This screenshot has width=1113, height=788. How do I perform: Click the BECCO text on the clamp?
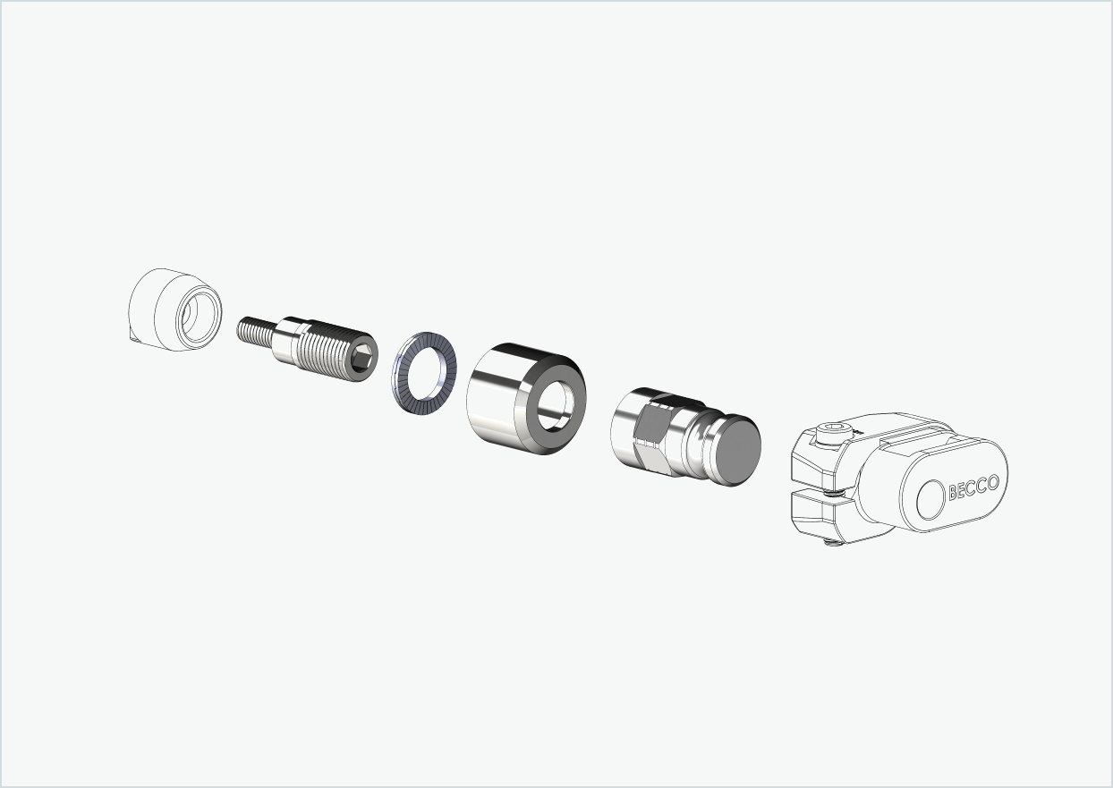coord(973,487)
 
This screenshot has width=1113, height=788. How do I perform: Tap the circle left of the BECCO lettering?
coord(931,497)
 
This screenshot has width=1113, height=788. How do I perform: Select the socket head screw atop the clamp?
coord(829,435)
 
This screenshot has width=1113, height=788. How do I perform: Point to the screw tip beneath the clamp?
coord(833,540)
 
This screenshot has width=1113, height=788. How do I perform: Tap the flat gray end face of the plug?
coord(737,453)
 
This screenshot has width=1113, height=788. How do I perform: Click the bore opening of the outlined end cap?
coord(194,315)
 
